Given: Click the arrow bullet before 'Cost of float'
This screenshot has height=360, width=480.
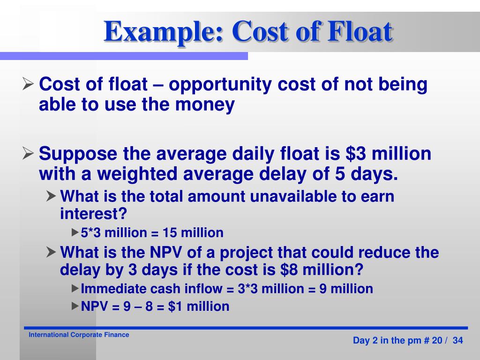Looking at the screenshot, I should click(28, 85).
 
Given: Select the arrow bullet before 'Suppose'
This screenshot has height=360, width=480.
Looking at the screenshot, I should click(28, 154).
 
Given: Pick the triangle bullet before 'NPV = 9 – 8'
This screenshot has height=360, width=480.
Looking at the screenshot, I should click(75, 306).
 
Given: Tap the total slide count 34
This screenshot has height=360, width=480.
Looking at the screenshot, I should click(457, 341).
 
